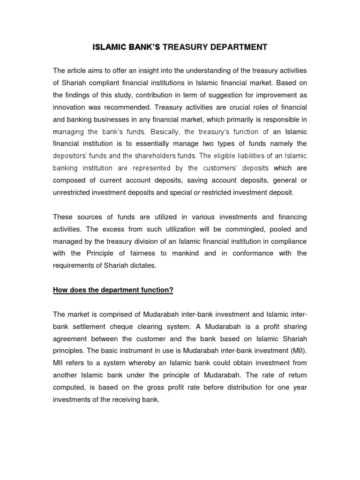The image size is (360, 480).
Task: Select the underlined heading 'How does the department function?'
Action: (x=113, y=290)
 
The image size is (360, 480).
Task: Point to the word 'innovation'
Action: (x=71, y=107)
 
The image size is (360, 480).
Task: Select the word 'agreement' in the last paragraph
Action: (x=70, y=338)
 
